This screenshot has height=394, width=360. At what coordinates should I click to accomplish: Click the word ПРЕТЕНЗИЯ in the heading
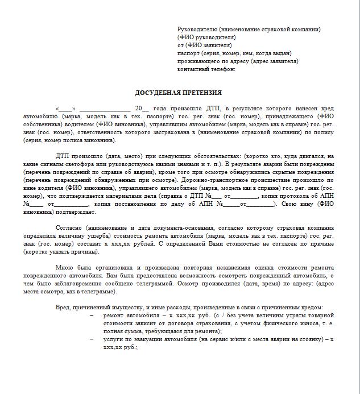coord(202,93)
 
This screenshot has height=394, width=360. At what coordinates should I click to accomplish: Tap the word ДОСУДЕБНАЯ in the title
coord(157,93)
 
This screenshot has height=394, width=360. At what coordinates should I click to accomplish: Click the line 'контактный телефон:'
coord(206,69)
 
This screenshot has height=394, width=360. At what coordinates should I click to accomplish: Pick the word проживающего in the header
coord(196,61)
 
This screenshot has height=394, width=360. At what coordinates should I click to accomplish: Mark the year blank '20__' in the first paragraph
coord(142,108)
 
